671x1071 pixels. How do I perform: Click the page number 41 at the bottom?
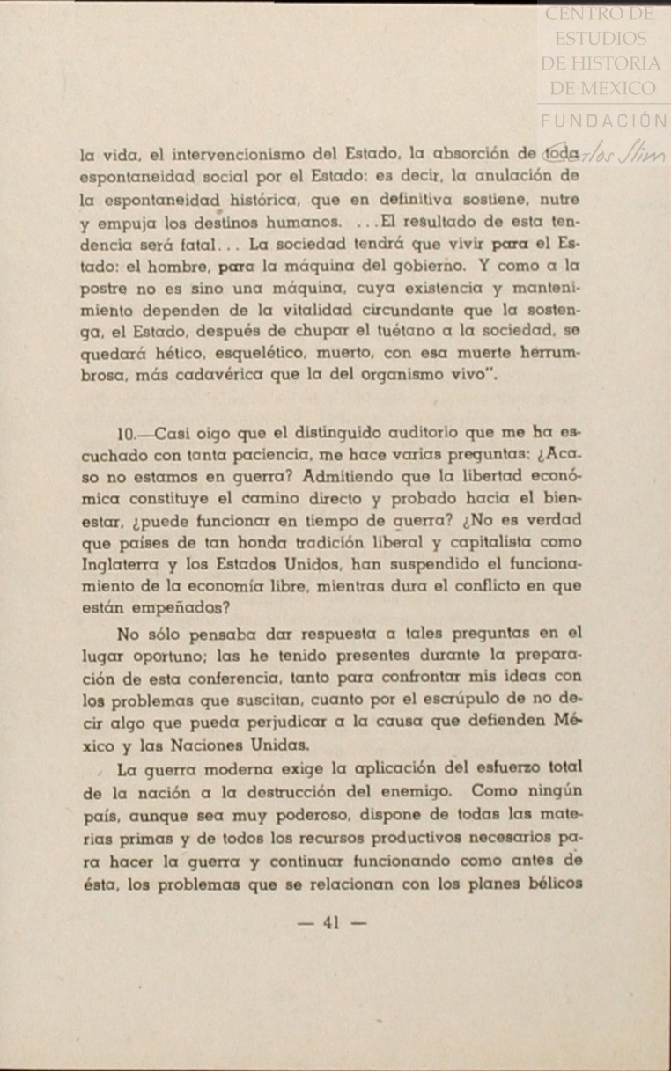pos(332,923)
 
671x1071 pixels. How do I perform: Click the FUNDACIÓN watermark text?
pos(603,121)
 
